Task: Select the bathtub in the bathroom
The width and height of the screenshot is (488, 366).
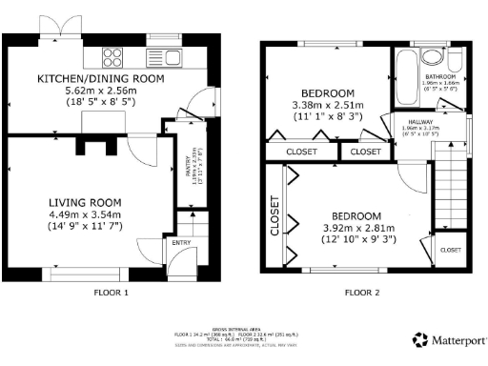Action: pos(402,73)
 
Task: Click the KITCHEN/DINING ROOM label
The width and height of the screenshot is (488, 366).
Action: pos(101,78)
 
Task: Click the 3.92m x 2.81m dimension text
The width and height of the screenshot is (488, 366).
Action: pos(359,228)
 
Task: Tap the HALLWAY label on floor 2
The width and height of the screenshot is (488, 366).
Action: pos(420,123)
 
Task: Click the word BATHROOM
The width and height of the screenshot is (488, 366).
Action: pos(440,76)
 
